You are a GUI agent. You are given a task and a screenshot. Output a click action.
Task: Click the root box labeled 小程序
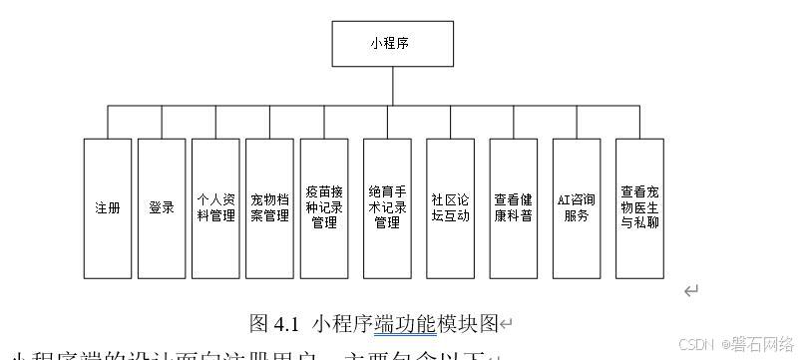click(392, 43)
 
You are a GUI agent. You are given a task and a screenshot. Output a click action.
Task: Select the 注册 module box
click(108, 208)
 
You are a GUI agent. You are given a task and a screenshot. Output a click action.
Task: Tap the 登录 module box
click(162, 208)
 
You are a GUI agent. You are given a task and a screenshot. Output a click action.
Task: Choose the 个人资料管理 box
click(216, 208)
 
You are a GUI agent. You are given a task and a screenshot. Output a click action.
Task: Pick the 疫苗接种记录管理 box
click(324, 208)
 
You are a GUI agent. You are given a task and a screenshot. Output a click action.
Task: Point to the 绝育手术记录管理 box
click(387, 208)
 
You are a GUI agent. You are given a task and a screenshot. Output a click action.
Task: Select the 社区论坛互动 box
click(450, 208)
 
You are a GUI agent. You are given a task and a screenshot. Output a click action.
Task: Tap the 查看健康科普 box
click(514, 208)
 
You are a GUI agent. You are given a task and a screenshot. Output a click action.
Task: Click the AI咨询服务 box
click(577, 208)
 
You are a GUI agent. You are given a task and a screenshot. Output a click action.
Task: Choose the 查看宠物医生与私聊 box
click(639, 208)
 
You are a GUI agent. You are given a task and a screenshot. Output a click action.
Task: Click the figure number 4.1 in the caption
click(287, 323)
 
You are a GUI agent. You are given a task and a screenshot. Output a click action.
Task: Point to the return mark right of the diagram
click(690, 290)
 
